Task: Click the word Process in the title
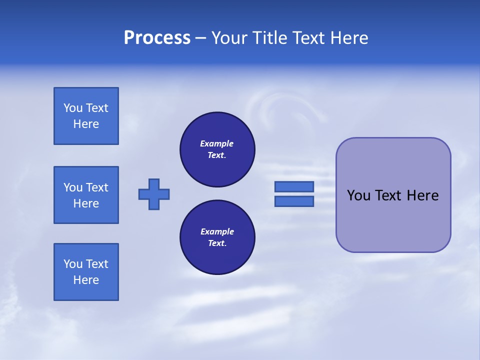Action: point(157,38)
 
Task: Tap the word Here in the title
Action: point(348,38)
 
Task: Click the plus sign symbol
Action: point(154,194)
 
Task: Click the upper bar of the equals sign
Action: point(294,186)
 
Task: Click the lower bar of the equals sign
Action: point(294,201)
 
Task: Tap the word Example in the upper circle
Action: point(216,143)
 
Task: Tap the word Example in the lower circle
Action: point(217,231)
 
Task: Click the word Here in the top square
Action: point(86,124)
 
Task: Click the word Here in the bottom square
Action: point(86,280)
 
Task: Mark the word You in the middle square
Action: point(73,187)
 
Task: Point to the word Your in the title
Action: point(229,38)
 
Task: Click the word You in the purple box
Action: point(359,195)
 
